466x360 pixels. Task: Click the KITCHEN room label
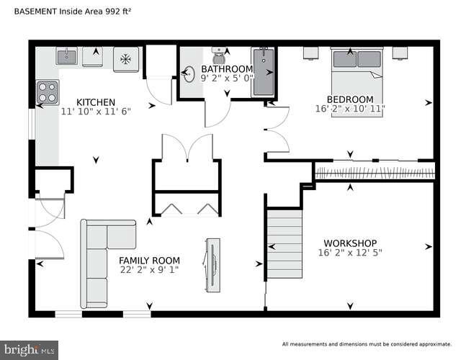point(95,102)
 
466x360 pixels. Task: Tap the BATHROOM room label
point(226,69)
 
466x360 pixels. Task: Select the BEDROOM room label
point(350,99)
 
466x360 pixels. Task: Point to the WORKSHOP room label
point(350,243)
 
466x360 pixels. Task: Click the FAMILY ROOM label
point(149,261)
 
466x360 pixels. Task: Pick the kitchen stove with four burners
point(48,91)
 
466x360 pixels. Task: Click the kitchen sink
point(66,55)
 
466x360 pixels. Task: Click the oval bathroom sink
point(190,73)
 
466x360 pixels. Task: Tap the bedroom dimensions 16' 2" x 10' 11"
point(350,109)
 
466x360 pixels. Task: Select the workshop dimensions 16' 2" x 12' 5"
point(350,253)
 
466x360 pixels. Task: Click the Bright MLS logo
point(30,350)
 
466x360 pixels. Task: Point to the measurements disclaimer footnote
point(366,344)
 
